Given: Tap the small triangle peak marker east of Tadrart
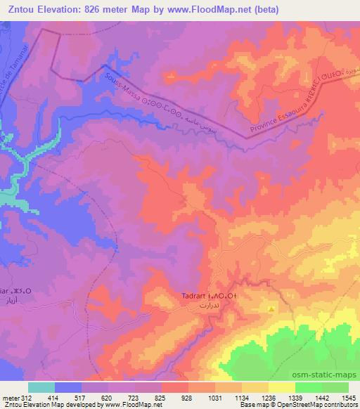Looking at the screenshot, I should [271, 309].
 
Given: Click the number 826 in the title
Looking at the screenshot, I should [91, 10].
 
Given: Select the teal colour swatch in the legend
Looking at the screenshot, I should [41, 387].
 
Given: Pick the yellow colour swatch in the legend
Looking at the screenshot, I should [282, 387].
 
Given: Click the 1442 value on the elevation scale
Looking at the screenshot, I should [321, 398].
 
